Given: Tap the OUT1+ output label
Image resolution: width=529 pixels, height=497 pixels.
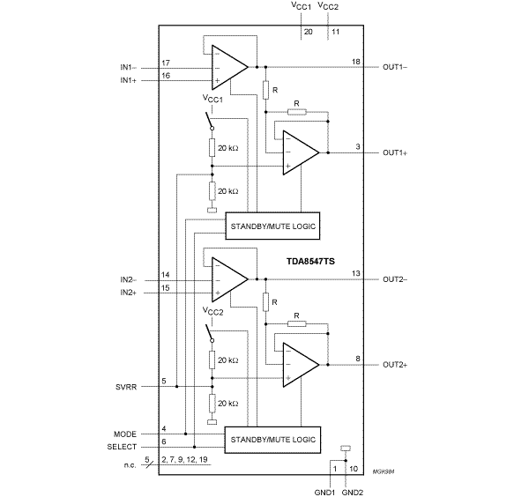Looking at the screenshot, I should click(395, 152).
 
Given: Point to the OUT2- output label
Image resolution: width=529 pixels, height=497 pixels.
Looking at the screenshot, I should click(395, 279).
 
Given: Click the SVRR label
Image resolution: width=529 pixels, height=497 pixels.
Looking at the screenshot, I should click(127, 386).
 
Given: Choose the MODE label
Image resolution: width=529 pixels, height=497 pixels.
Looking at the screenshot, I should click(126, 434).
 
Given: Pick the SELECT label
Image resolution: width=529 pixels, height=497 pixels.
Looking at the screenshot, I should click(123, 446).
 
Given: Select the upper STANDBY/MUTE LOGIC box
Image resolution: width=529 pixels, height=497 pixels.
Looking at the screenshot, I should click(272, 225).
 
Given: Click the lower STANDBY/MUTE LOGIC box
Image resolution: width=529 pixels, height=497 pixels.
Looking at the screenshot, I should click(272, 438).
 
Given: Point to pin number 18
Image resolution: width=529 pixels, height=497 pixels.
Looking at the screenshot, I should click(355, 62).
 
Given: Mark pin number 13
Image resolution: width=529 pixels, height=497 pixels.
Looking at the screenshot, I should click(355, 274).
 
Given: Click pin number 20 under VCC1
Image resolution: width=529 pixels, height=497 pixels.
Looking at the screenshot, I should click(308, 32).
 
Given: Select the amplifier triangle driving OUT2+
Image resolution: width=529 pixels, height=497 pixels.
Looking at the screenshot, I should click(301, 363).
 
